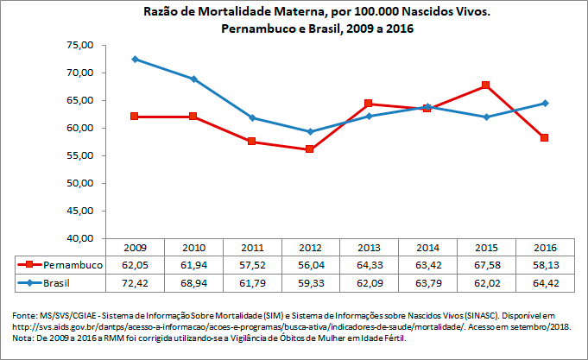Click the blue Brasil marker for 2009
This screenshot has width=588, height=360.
(135, 59)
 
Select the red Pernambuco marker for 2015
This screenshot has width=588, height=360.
(486, 85)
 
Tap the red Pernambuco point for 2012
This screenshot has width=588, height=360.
(310, 149)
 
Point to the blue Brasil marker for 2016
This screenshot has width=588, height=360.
(544, 103)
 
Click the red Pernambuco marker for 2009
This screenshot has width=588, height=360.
(135, 116)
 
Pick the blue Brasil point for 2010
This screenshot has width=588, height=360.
(193, 79)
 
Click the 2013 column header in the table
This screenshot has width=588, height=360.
(369, 247)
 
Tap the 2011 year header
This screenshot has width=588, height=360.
(251, 247)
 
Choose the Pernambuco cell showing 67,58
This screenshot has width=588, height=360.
(486, 264)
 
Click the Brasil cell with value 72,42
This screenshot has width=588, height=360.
(135, 281)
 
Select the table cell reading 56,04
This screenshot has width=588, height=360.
(310, 264)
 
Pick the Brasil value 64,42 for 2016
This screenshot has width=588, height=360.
(544, 281)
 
